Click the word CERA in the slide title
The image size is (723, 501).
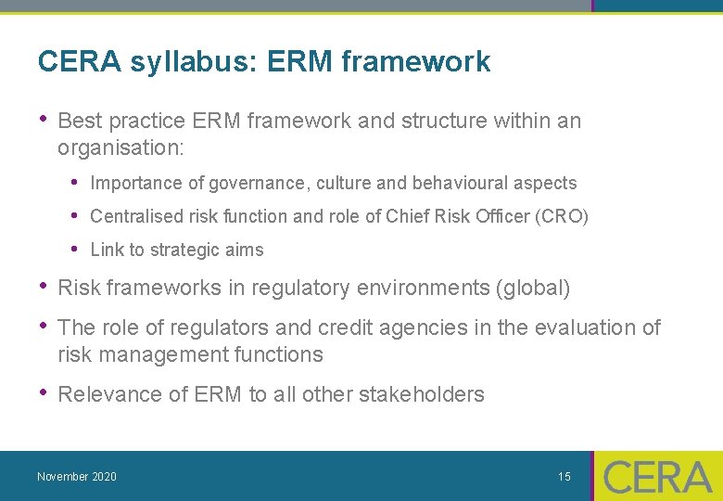[80, 62]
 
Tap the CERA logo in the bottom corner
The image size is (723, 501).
[657, 477]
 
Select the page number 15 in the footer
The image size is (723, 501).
[564, 477]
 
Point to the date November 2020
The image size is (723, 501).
[77, 477]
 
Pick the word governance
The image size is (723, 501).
[251, 184]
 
